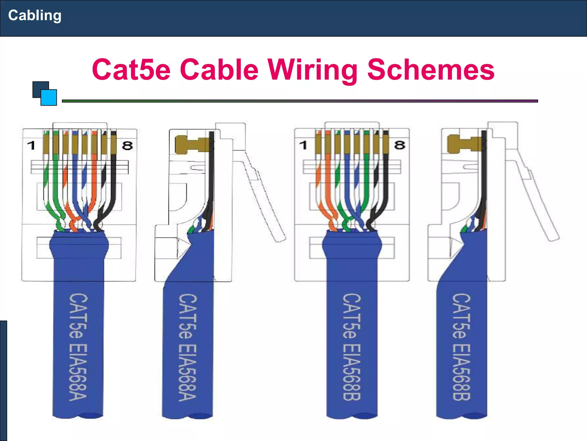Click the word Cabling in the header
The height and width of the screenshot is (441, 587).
click(x=35, y=16)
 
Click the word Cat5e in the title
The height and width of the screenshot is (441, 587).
click(x=131, y=69)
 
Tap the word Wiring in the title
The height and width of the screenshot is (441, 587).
click(x=312, y=69)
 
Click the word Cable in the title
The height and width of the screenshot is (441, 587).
click(x=219, y=69)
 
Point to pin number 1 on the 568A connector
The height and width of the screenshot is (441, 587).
click(x=31, y=145)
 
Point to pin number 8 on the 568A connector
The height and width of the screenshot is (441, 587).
click(x=127, y=146)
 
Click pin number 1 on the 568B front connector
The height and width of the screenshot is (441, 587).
click(x=303, y=145)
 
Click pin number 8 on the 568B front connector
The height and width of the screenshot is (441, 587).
click(x=400, y=145)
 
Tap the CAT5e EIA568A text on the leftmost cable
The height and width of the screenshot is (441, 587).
click(x=78, y=347)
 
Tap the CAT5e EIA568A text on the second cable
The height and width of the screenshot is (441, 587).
click(x=188, y=347)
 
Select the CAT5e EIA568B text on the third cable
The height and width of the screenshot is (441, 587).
click(x=352, y=347)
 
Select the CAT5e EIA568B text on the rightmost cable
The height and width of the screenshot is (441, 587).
click(x=461, y=347)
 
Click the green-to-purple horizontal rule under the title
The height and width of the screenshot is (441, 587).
click(x=300, y=101)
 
